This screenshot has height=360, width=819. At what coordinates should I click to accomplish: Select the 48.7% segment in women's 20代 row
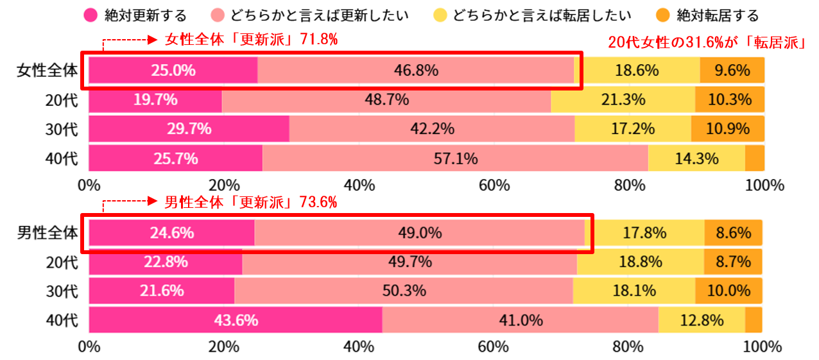click(386, 99)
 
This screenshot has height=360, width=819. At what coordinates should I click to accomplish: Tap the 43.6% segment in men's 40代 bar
click(235, 320)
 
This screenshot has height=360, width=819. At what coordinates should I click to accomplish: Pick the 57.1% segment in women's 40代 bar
click(454, 158)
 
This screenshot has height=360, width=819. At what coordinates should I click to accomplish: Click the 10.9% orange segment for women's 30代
click(728, 129)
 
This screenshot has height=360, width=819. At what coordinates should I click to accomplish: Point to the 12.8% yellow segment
click(701, 320)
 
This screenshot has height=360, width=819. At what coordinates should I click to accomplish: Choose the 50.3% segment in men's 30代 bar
click(403, 290)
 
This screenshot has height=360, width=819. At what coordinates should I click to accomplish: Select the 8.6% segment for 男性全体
click(733, 233)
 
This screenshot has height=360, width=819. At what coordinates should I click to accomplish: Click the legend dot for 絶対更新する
click(91, 15)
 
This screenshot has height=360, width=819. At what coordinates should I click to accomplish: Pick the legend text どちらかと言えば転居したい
click(541, 15)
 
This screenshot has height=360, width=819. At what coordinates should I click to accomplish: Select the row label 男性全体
click(47, 233)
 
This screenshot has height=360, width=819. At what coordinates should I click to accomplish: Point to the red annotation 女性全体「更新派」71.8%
click(251, 40)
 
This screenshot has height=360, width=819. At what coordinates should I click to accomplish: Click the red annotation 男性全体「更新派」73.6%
click(251, 202)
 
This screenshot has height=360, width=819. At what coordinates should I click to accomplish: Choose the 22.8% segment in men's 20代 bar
click(165, 262)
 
